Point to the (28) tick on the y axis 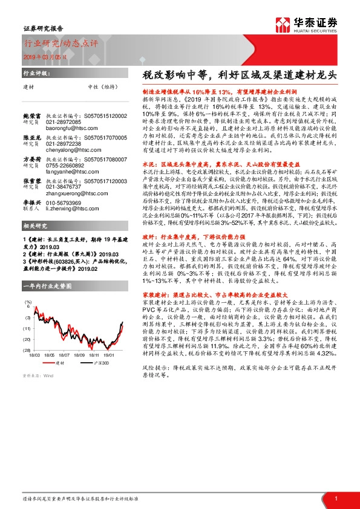[x=28, y=349]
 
